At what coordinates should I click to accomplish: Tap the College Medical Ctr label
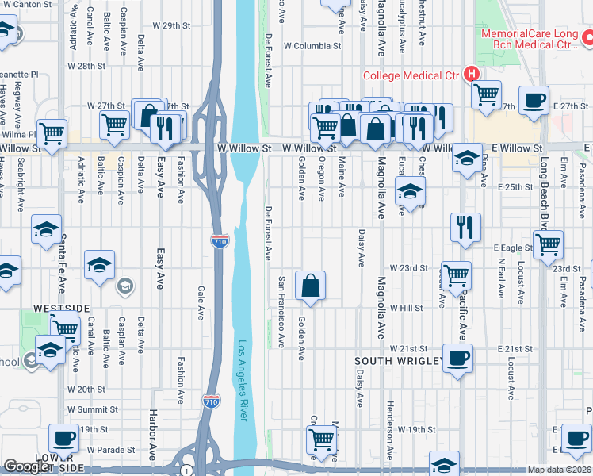point(411,76)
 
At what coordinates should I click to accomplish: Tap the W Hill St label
point(407,308)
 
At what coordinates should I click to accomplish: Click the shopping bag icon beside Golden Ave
point(311,285)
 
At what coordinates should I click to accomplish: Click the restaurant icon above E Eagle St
point(465,226)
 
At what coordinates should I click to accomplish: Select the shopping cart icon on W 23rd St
point(456,275)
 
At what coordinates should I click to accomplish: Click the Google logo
point(27,466)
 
